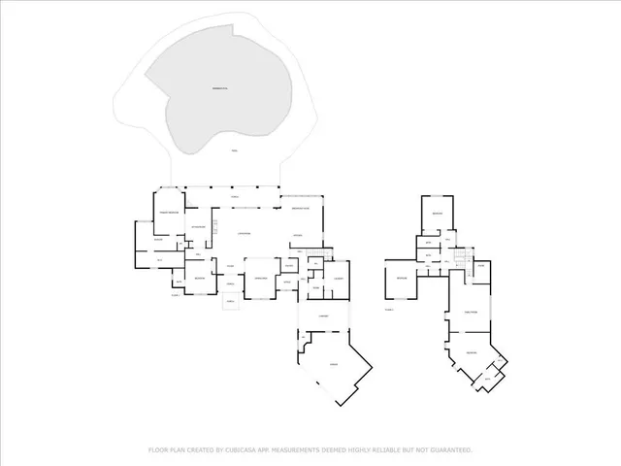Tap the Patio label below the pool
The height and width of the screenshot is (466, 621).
(x=233, y=151)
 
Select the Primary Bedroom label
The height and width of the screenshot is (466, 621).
(x=168, y=211)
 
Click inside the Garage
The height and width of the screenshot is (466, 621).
(x=334, y=363)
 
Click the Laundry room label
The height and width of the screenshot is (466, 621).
(x=338, y=279)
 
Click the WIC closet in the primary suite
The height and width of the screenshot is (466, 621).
(x=160, y=259)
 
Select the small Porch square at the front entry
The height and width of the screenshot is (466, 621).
(x=232, y=302)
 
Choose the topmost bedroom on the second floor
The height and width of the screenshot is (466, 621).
(x=438, y=213)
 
